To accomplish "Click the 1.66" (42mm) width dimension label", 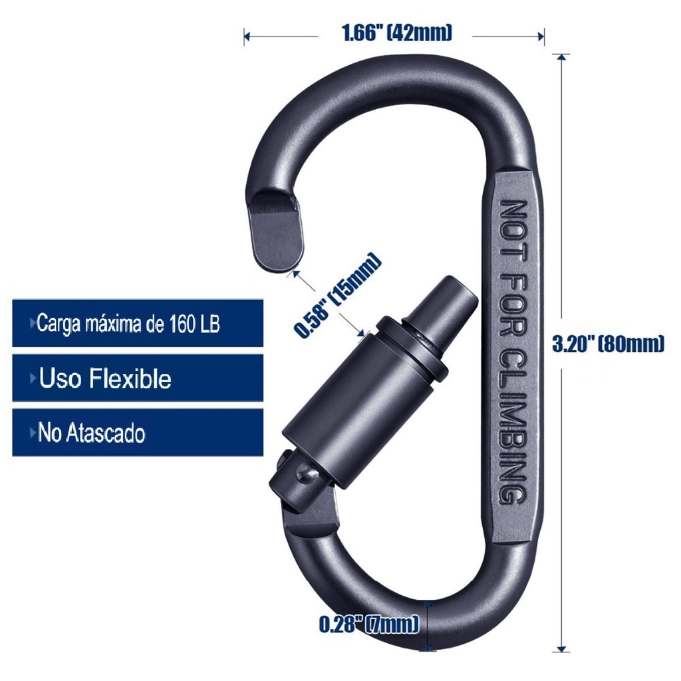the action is click(x=397, y=33).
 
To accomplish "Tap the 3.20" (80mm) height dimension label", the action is click(x=608, y=344).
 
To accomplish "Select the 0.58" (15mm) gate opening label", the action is click(x=337, y=295).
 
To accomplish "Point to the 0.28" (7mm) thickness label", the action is click(x=369, y=624).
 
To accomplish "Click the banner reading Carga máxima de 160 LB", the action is click(x=138, y=323).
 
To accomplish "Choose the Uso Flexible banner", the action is click(x=138, y=378).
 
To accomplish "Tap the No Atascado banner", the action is click(x=138, y=432).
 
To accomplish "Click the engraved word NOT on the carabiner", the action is click(x=513, y=231).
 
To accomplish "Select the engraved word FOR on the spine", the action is click(x=513, y=305).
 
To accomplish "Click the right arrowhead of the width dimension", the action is click(x=541, y=37).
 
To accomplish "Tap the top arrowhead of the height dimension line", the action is click(x=563, y=57).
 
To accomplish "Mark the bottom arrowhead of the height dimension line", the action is click(x=563, y=648).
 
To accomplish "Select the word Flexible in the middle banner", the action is click(x=131, y=378).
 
